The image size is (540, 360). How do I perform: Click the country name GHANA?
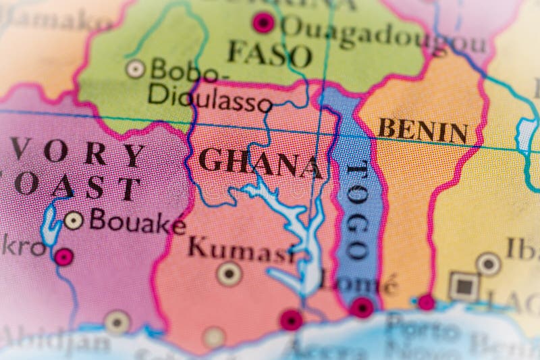pos(260,162)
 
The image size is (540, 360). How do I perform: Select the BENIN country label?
pos(423,130)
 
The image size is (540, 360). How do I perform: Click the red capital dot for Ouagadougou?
pos(263,22)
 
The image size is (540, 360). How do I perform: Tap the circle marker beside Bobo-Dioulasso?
pos(136,68)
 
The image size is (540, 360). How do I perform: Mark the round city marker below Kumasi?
pos(230,274)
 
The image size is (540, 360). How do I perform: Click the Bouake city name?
pos(138,222)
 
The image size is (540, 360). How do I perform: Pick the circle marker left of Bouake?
pos(74,220)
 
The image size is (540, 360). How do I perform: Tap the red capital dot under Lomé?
pos(362,307)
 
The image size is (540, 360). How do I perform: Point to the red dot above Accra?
pos(291,319)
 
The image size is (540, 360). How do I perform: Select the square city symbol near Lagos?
pos(464,287)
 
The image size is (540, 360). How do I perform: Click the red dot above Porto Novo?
pos(426,302)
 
